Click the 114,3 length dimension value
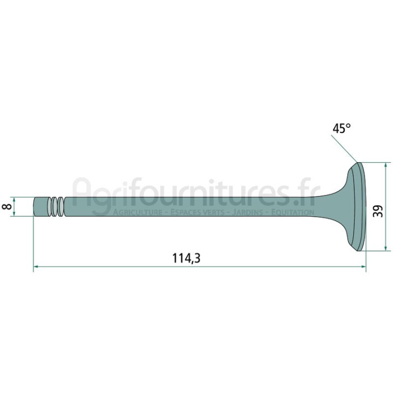point(187,258)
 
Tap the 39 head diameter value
point(378,211)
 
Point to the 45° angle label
point(341,128)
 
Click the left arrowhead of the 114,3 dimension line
point(35,267)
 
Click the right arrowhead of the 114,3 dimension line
point(364,267)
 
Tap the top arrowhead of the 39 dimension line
point(385,165)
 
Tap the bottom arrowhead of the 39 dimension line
point(385,248)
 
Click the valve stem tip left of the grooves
point(40,206)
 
